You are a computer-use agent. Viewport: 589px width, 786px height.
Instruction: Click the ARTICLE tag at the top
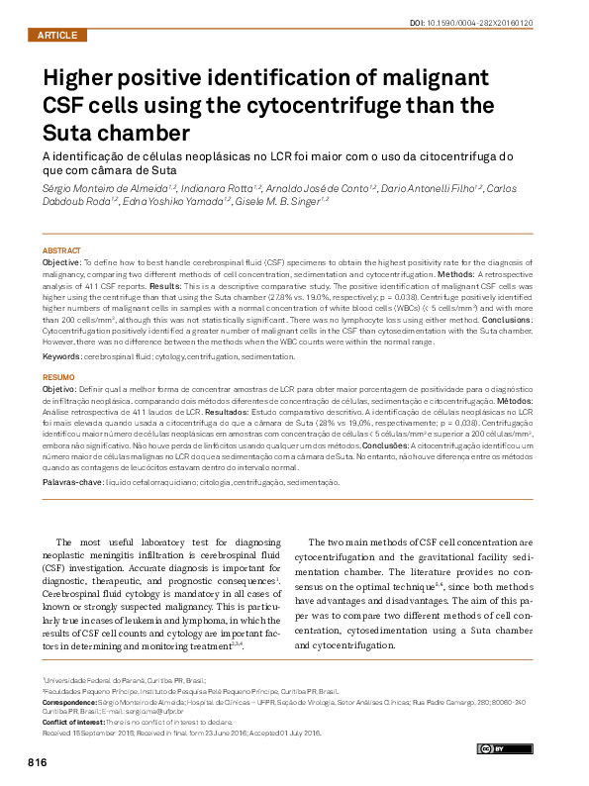pyautogui.click(x=56, y=36)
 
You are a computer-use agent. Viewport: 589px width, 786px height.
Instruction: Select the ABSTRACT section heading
pyautogui.click(x=61, y=249)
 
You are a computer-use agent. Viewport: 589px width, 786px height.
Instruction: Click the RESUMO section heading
pyautogui.click(x=58, y=377)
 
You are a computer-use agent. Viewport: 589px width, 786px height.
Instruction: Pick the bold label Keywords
pyautogui.click(x=62, y=355)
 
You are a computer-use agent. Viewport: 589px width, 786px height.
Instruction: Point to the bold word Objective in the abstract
pyautogui.click(x=64, y=261)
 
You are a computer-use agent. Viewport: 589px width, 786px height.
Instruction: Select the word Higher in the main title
pyautogui.click(x=83, y=78)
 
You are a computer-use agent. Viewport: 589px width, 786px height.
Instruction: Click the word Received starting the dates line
pyautogui.click(x=58, y=734)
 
